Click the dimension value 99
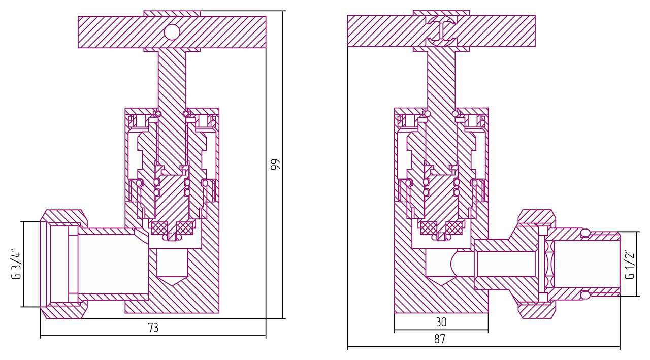pyautogui.click(x=276, y=164)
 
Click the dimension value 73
pyautogui.click(x=153, y=328)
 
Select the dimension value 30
pyautogui.click(x=441, y=322)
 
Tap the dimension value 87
pyautogui.click(x=439, y=339)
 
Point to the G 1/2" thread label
pyautogui.click(x=630, y=264)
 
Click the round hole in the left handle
pyautogui.click(x=172, y=32)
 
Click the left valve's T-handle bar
pyautogui.click(x=172, y=32)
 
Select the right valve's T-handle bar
pyautogui.click(x=441, y=31)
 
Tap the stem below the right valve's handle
pyautogui.click(x=441, y=79)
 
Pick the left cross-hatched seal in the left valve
pyautogui.click(x=158, y=228)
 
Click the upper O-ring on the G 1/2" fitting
pyautogui.click(x=585, y=233)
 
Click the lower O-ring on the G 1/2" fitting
pyautogui.click(x=585, y=294)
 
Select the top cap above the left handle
pyautogui.click(x=172, y=13)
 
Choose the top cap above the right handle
pyautogui.click(x=441, y=13)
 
